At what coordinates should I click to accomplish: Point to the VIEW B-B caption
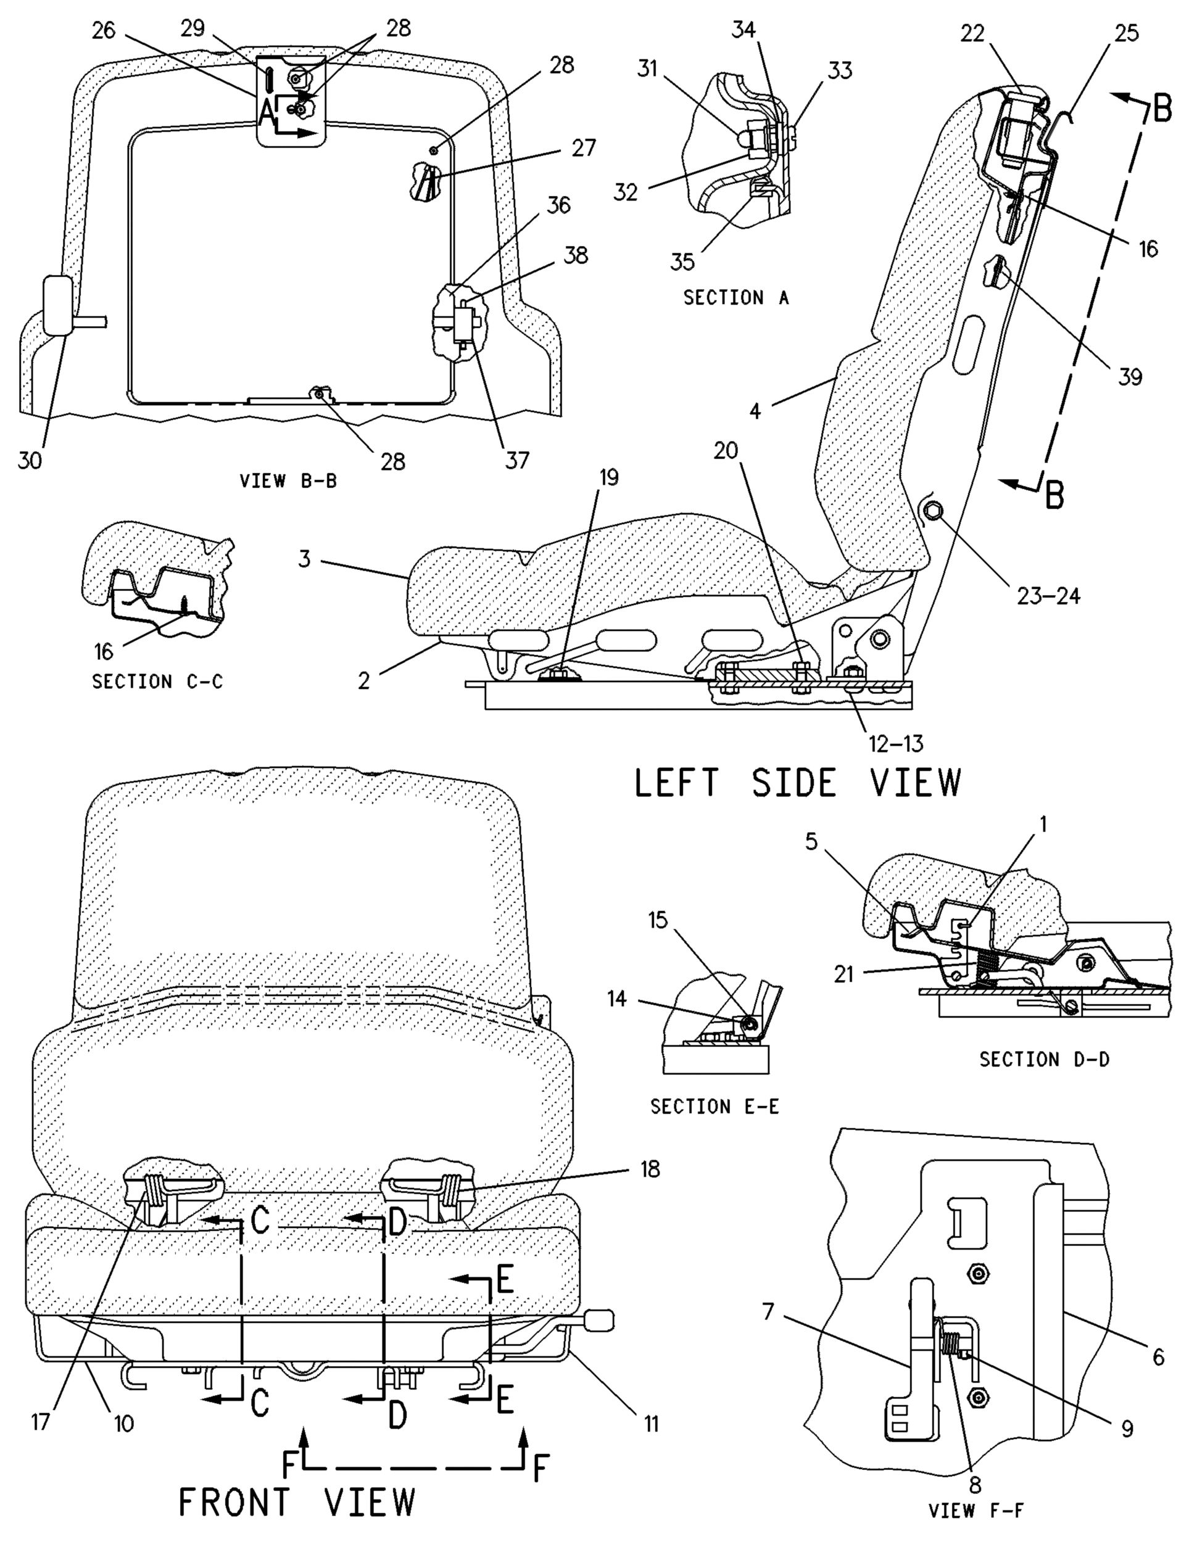288,482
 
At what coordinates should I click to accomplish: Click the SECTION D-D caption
1044,1059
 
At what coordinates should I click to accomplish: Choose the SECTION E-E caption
714,1107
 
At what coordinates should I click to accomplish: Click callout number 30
30,460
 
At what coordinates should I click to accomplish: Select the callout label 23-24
1048,596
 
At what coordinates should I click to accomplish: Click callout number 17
41,1420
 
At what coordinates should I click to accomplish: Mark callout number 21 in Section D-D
844,975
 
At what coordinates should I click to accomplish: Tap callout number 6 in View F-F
1158,1356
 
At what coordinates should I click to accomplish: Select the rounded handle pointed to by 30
57,304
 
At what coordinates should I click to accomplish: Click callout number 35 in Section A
682,262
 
